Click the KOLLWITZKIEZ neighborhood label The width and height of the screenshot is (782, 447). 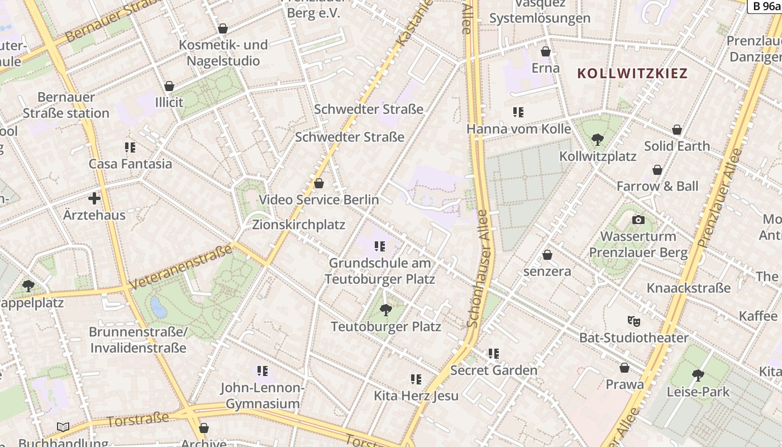tap(632, 73)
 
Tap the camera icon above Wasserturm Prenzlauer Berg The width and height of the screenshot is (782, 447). tap(638, 220)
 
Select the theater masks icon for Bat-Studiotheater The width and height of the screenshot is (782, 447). tap(633, 321)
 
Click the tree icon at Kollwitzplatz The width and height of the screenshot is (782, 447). tap(598, 139)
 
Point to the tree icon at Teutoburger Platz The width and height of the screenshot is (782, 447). tap(385, 310)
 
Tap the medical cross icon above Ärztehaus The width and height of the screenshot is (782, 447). tap(94, 198)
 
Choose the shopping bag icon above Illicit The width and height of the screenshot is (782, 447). tap(169, 86)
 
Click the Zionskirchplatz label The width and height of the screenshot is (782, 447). tap(299, 225)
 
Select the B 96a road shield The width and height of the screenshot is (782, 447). tap(764, 6)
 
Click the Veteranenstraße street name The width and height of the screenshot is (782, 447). tap(180, 267)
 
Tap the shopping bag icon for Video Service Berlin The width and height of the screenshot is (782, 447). tap(319, 183)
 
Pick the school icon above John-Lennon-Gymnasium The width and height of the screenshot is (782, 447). tap(263, 371)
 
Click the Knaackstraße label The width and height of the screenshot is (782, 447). tap(688, 288)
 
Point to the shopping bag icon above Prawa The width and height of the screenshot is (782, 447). tap(624, 368)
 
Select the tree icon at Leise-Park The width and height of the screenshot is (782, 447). tap(698, 375)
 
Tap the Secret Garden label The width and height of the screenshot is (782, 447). tap(494, 370)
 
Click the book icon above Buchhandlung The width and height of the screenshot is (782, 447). tap(63, 427)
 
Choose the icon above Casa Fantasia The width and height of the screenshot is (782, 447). tap(130, 148)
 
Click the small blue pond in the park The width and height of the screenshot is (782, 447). tap(159, 307)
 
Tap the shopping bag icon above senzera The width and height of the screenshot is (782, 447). tap(547, 255)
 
